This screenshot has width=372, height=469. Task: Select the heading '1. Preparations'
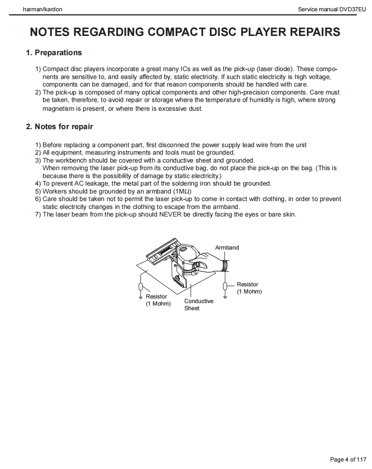coord(54,53)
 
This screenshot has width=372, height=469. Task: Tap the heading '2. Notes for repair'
coord(59,127)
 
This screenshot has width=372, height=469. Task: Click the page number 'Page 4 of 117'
coord(348,459)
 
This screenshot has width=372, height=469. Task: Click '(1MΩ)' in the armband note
coord(182,191)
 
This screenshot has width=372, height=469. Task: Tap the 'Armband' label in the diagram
coord(227,247)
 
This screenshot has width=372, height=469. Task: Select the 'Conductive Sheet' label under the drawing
coord(199,304)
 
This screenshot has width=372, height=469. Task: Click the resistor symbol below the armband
coord(225,286)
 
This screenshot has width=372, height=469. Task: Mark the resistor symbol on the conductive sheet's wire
coord(141,287)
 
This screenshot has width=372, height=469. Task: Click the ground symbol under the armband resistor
coord(225,297)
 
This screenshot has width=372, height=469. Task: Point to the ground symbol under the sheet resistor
coord(141,297)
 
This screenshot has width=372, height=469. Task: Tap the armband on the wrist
coord(225,265)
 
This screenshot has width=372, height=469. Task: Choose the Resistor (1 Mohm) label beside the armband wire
coord(249,288)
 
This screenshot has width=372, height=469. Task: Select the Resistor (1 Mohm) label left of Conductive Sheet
coord(158,300)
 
